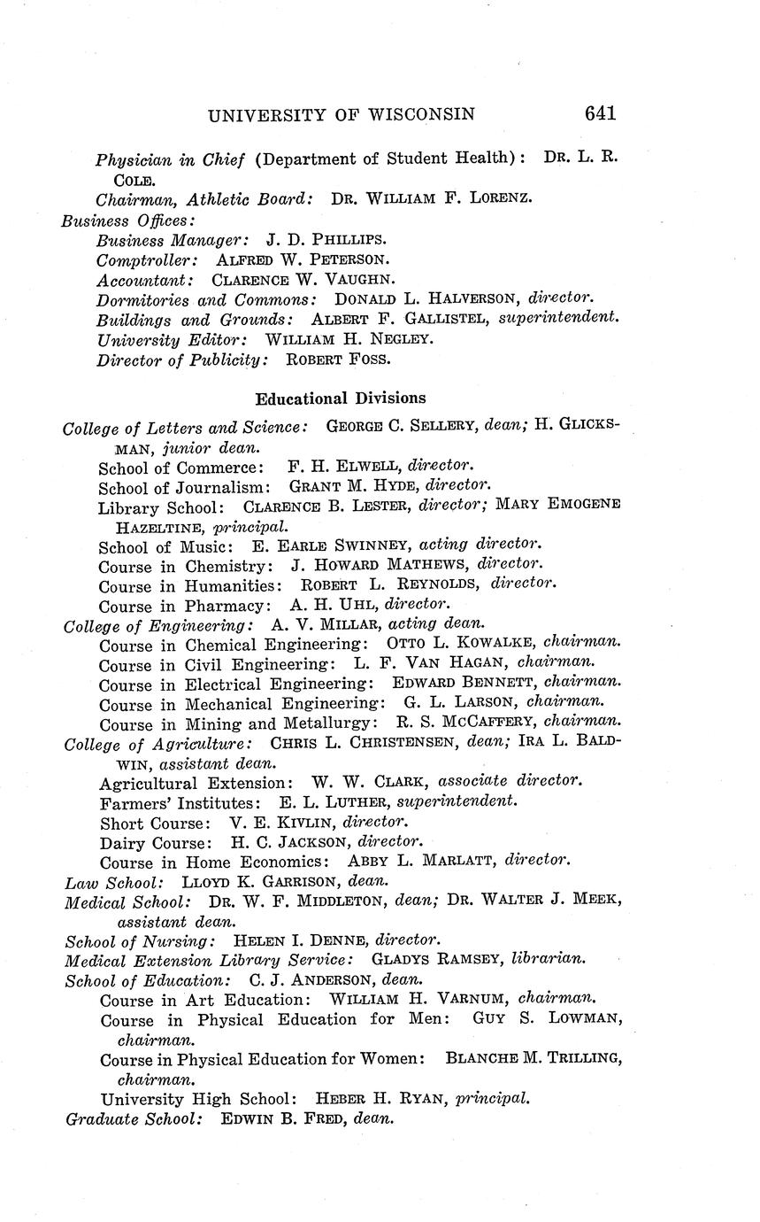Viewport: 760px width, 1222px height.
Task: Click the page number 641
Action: [x=599, y=113]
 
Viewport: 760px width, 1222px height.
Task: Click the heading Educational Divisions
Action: [x=341, y=398]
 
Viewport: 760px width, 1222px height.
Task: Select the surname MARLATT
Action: [x=472, y=860]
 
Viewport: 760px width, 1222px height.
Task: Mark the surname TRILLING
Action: [x=583, y=1058]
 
